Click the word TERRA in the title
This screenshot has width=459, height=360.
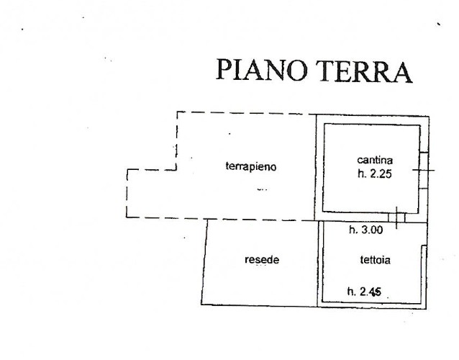[x=364, y=71]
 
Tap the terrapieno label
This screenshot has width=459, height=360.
[x=251, y=166]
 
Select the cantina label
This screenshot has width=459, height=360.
[x=375, y=160]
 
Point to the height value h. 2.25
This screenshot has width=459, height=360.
[x=375, y=174]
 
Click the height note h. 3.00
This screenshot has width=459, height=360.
[x=366, y=230]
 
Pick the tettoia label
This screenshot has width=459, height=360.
[x=375, y=260]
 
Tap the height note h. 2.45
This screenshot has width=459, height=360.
[x=364, y=292]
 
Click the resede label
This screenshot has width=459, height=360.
[x=262, y=260]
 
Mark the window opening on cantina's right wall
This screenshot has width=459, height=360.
[x=424, y=170]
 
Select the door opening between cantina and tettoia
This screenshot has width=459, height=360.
[x=396, y=217]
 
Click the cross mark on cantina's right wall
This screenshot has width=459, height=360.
[x=424, y=170]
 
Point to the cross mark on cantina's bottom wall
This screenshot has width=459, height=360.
[x=396, y=217]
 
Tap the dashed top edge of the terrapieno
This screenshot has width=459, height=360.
[x=247, y=113]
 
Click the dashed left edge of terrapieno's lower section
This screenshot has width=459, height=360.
[x=127, y=194]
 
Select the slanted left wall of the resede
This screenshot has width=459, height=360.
[x=204, y=262]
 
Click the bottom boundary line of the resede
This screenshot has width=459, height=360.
[x=260, y=305]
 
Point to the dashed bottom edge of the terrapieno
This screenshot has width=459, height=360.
[x=220, y=219]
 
